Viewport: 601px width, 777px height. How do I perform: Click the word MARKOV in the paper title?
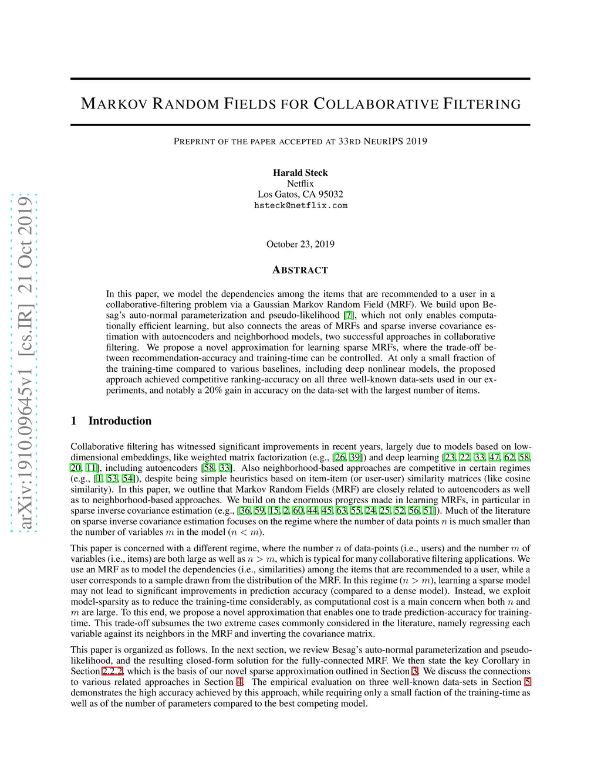coord(114,104)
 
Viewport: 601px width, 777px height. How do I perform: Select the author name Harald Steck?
coord(300,172)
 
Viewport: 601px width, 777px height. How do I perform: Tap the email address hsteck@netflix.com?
coord(300,206)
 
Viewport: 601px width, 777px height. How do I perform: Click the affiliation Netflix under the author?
coord(300,184)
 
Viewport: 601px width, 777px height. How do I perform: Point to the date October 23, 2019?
coord(300,244)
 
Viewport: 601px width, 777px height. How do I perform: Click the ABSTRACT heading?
coord(300,270)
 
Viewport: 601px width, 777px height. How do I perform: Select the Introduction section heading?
coord(120,420)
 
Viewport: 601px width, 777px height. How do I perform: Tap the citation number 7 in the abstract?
coord(349,315)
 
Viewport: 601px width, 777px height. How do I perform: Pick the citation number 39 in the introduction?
coord(355,457)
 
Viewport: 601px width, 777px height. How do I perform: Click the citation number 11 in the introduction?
coord(91,468)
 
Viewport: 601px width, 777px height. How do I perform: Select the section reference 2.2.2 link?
coord(112,671)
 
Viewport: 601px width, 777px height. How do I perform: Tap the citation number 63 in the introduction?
coord(342,511)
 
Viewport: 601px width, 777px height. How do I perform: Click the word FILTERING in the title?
coord(482,104)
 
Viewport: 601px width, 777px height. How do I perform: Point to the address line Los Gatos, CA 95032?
coord(300,194)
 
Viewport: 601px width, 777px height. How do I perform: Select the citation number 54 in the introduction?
coord(127,479)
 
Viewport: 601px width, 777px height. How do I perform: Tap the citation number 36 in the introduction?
coord(245,511)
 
